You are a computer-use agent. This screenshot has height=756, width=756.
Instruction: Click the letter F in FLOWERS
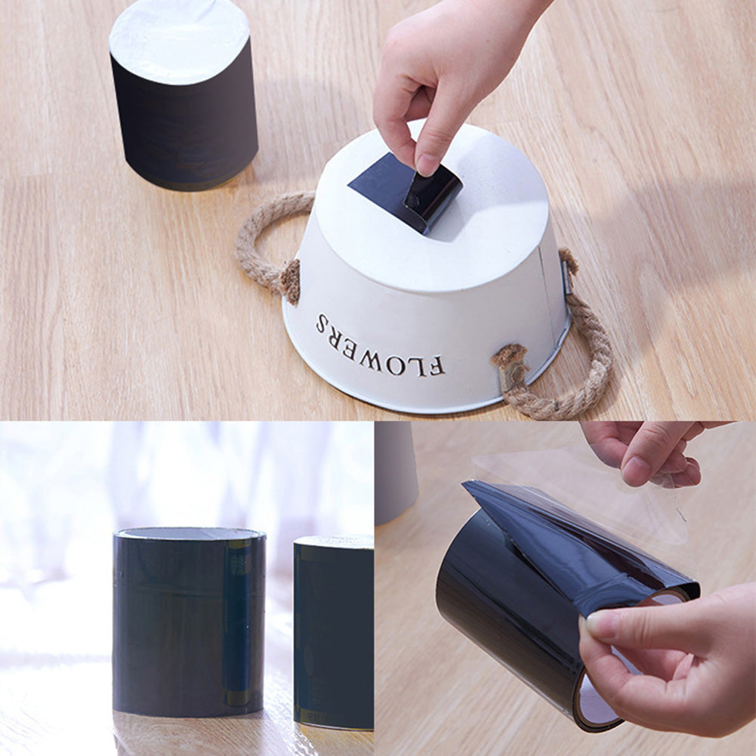[x=436, y=367]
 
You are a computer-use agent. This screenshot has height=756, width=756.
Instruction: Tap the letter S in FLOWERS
[x=322, y=325]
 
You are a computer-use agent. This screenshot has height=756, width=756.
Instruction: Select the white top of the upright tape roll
[x=180, y=38]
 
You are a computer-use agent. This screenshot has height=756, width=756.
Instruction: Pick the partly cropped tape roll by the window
[x=334, y=631]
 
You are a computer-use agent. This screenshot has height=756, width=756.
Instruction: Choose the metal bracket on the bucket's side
[x=565, y=276]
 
